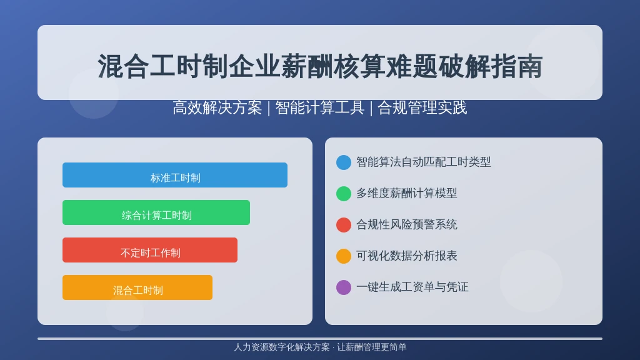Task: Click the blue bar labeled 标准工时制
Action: pyautogui.click(x=175, y=175)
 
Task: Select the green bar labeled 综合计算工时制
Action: pyautogui.click(x=156, y=212)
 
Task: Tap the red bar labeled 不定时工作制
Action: pyautogui.click(x=150, y=250)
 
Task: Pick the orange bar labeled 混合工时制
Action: pyautogui.click(x=137, y=287)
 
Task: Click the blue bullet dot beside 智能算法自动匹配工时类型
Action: pyautogui.click(x=344, y=162)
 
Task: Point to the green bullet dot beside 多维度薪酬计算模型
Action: pyautogui.click(x=344, y=194)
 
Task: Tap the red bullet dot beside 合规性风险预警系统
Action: pyautogui.click(x=344, y=225)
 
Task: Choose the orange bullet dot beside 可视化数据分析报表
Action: pyautogui.click(x=344, y=256)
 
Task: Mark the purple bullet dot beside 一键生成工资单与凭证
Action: pyautogui.click(x=344, y=287)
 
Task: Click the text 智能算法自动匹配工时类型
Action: pyautogui.click(x=423, y=162)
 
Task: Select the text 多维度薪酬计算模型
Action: pyautogui.click(x=406, y=193)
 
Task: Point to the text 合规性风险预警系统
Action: pyautogui.click(x=406, y=224)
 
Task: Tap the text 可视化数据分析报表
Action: pyautogui.click(x=406, y=256)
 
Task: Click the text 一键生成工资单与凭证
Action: pyautogui.click(x=412, y=287)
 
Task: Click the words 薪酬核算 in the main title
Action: pyautogui.click(x=333, y=66)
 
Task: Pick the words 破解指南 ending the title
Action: pyautogui.click(x=491, y=66)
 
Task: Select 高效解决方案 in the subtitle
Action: pyautogui.click(x=217, y=107)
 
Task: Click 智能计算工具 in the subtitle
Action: pyautogui.click(x=319, y=107)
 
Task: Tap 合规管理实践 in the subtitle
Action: pyautogui.click(x=422, y=107)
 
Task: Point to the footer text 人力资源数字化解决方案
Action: pyautogui.click(x=282, y=347)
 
